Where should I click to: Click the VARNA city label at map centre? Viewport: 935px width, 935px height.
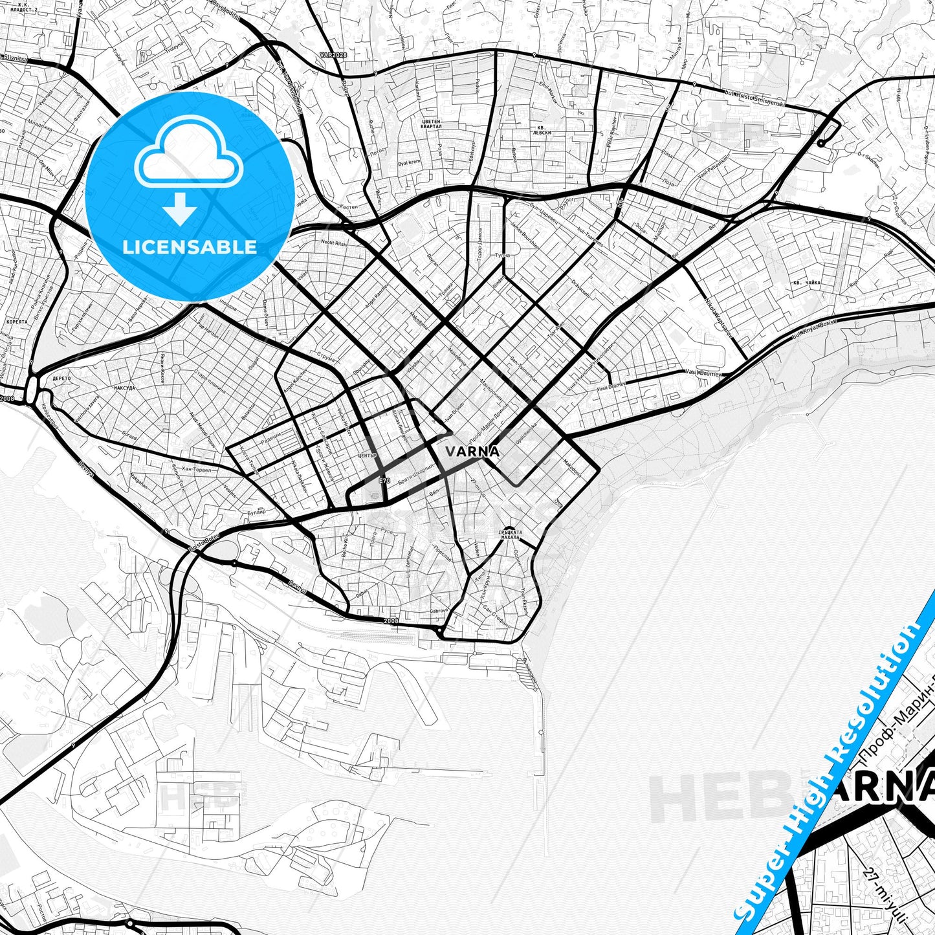tap(472, 452)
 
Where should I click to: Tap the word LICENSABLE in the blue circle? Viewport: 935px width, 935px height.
tap(190, 247)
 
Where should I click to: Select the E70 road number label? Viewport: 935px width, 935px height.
tap(385, 481)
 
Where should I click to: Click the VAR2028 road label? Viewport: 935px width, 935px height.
tap(334, 56)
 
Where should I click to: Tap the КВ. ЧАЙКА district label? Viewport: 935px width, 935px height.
tap(806, 283)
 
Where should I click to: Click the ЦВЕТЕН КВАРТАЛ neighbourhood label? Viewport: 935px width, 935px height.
tap(431, 124)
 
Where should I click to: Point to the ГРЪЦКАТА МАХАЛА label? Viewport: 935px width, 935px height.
tap(509, 535)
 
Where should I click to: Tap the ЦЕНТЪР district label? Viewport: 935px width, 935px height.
tap(367, 456)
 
